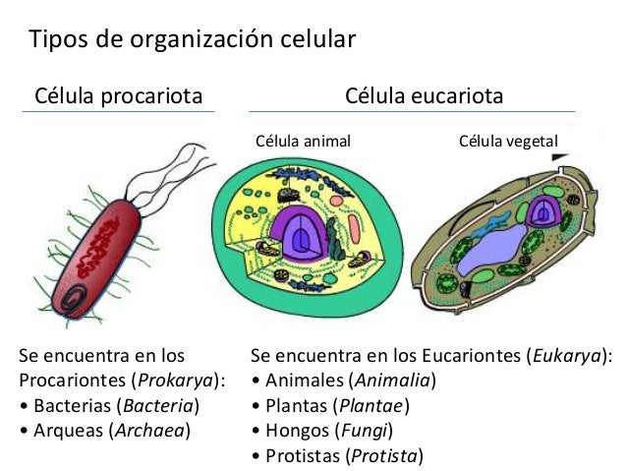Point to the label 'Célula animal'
(303, 142)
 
